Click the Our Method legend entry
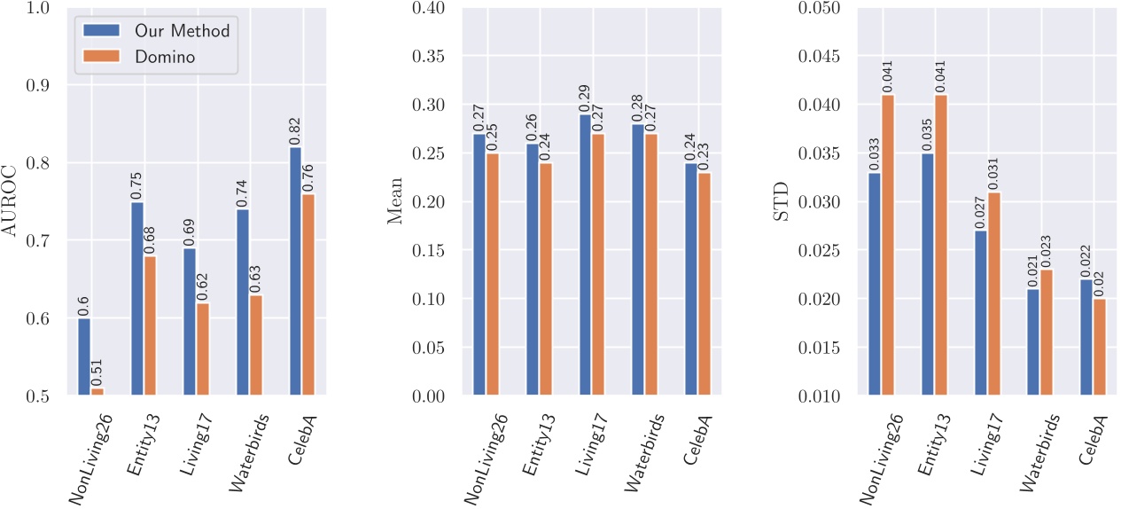[181, 31]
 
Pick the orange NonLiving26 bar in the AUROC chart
[97, 392]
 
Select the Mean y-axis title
[396, 201]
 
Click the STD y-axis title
[781, 201]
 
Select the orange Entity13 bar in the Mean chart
[545, 279]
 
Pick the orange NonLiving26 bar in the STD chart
[888, 245]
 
